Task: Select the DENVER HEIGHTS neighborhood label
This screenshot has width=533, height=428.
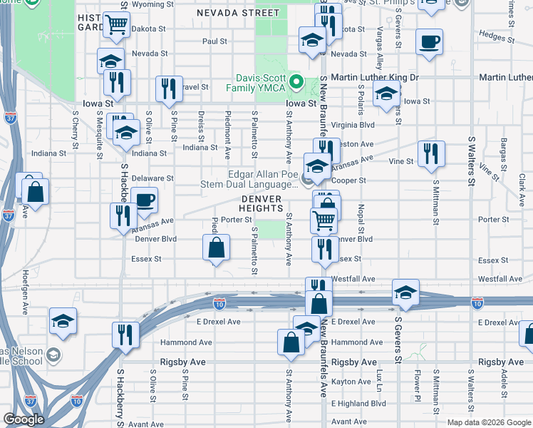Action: click(x=262, y=203)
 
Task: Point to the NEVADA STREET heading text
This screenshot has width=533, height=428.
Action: click(x=238, y=13)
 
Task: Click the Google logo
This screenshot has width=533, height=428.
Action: click(x=24, y=419)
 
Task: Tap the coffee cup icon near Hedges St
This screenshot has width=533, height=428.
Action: click(x=429, y=42)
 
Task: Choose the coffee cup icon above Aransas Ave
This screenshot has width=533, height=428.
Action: click(x=144, y=200)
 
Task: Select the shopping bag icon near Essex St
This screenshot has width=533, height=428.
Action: click(x=217, y=248)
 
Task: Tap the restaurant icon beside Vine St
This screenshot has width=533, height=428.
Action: click(x=430, y=154)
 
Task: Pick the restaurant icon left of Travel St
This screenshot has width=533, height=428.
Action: click(x=169, y=88)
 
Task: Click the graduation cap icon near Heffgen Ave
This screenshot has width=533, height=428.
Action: click(x=63, y=321)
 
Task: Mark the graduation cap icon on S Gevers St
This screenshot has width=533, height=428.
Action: click(x=405, y=292)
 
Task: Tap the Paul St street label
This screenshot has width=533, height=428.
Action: click(x=214, y=41)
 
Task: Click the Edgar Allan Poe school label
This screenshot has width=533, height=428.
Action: click(x=262, y=179)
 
